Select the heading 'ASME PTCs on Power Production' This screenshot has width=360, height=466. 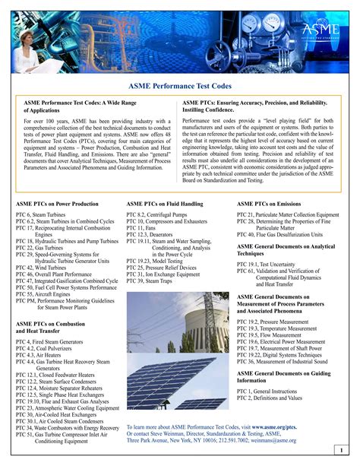57,204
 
